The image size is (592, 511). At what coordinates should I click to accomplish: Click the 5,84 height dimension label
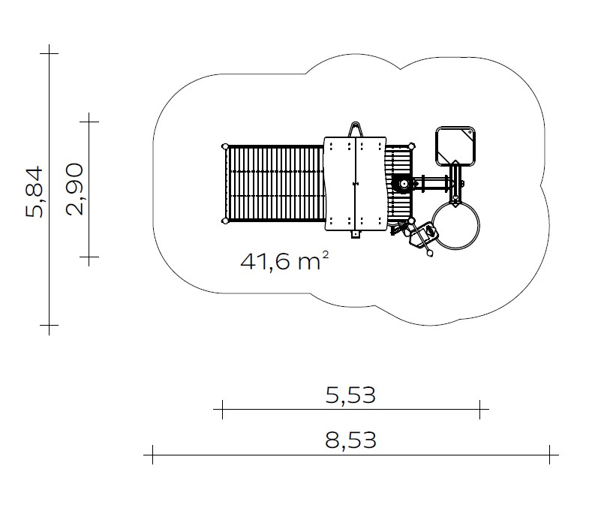35,192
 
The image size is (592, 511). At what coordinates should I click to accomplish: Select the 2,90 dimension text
74,189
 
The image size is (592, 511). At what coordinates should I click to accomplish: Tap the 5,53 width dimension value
350,395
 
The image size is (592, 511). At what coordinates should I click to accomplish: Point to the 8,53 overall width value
350,440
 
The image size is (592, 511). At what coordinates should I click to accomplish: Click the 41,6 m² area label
284,261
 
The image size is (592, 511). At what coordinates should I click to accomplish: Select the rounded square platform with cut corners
455,146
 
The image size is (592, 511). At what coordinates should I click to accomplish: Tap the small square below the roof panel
356,234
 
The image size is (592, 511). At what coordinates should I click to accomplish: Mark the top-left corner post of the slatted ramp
225,146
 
